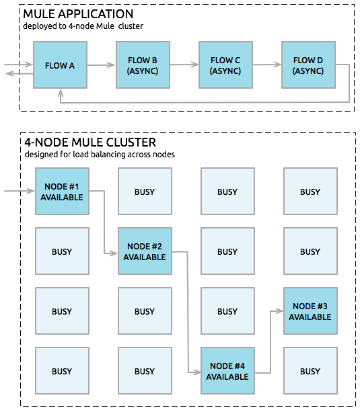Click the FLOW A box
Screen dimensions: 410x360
[60, 65]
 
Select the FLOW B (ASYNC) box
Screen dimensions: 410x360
[143, 65]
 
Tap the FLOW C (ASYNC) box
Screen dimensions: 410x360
[225, 65]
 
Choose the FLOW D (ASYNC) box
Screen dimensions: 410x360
[308, 65]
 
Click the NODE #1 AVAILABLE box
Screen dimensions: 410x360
[62, 192]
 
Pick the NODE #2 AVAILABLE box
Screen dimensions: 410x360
[145, 251]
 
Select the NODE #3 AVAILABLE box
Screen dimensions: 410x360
[310, 311]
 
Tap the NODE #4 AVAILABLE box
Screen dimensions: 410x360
[227, 371]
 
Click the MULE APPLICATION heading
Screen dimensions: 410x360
[79, 14]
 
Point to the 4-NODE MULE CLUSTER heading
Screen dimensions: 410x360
[90, 142]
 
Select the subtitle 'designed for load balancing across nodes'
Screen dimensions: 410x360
[100, 155]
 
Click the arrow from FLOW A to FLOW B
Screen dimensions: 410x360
[102, 65]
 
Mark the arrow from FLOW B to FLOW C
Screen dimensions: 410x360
[184, 65]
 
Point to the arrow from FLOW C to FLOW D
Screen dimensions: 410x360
[267, 65]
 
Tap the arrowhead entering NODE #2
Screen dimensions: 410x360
[114, 253]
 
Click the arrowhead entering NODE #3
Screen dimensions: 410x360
[280, 311]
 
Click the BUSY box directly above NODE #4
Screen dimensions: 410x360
[227, 311]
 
